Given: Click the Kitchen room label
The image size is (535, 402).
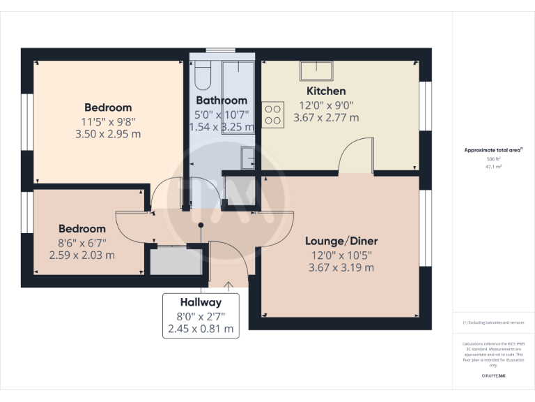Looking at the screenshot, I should (326, 91).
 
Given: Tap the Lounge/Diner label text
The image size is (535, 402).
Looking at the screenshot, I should (341, 241).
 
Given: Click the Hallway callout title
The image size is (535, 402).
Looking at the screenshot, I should (201, 303).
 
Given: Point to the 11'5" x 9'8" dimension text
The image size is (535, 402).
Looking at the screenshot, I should (107, 121).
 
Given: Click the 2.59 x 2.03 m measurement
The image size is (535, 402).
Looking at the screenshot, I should (82, 255).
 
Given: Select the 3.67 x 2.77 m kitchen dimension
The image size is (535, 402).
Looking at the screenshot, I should (326, 118).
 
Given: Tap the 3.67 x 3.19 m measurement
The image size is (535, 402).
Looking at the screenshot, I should (341, 267).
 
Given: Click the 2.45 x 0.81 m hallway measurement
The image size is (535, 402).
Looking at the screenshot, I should (201, 328).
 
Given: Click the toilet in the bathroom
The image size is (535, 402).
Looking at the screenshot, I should (203, 75).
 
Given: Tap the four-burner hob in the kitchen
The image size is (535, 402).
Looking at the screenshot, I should (273, 114).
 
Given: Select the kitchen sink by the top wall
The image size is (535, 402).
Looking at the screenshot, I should (317, 70).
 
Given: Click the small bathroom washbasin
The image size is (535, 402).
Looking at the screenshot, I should (249, 158).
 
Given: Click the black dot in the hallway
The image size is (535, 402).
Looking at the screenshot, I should (201, 225).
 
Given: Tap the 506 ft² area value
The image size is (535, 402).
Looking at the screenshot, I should (493, 159).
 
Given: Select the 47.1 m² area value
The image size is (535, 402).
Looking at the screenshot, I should (493, 167).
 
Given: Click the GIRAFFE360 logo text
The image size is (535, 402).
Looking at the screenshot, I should (493, 376).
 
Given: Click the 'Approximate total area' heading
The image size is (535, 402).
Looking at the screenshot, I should (493, 150).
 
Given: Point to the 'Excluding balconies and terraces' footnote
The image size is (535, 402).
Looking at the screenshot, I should (493, 322).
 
